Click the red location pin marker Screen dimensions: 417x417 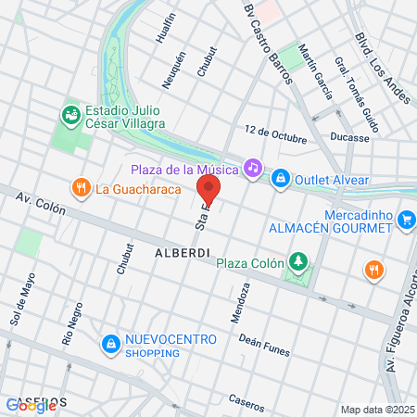(208, 191)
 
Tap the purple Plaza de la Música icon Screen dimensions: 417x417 (251, 168)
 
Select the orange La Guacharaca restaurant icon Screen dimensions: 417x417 (82, 188)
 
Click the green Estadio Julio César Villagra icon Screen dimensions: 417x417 (69, 115)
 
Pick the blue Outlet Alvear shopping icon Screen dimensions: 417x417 (279, 179)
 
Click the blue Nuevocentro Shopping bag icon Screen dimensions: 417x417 (111, 343)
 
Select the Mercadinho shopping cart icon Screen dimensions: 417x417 (406, 219)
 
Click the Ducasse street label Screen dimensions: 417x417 (349, 135)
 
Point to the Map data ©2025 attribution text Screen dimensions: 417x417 (377, 410)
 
